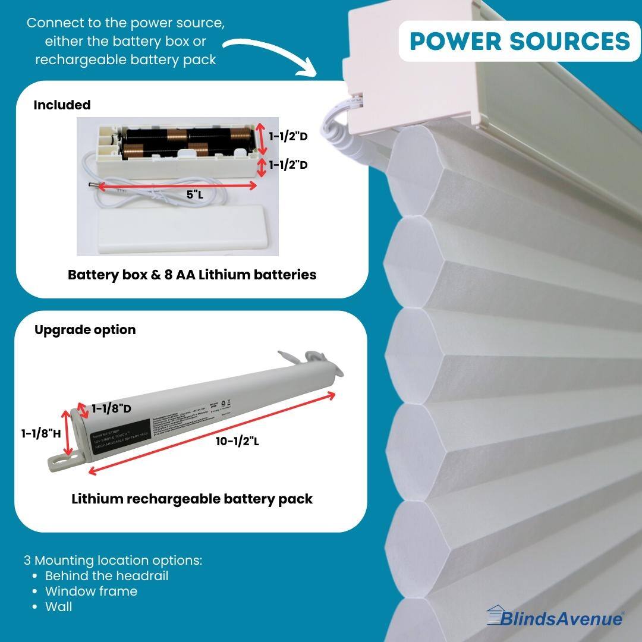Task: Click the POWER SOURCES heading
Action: coord(520,41)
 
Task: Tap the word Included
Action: coord(62,105)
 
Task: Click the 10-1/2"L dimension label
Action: coord(238,441)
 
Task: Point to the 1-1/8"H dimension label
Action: coord(41,434)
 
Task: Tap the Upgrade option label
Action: coord(85,330)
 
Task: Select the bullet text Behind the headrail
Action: coord(106,576)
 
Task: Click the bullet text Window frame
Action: coord(91,591)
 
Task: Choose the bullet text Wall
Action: coord(58,607)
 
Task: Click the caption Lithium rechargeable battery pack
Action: coord(192,499)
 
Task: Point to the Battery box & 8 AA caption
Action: coord(192,275)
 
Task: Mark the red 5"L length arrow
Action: coord(177,185)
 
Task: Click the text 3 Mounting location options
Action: coord(113,561)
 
